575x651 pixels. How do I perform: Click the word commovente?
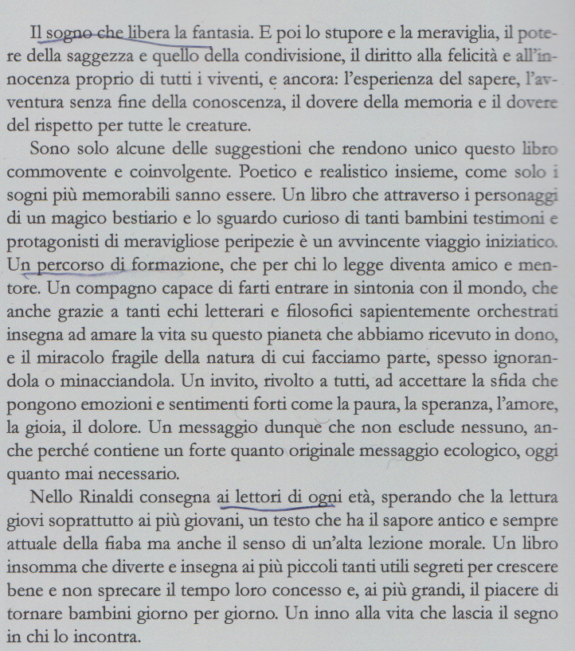[76, 173]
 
